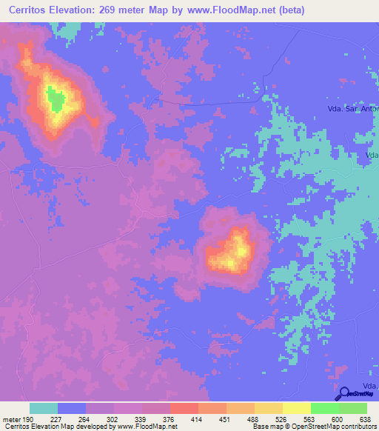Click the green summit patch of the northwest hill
53,97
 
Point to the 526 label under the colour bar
282,417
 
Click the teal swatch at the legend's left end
44,408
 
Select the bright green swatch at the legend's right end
352,408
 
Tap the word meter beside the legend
11,417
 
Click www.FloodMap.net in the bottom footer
148,427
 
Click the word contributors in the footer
352,427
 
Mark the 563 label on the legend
310,417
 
